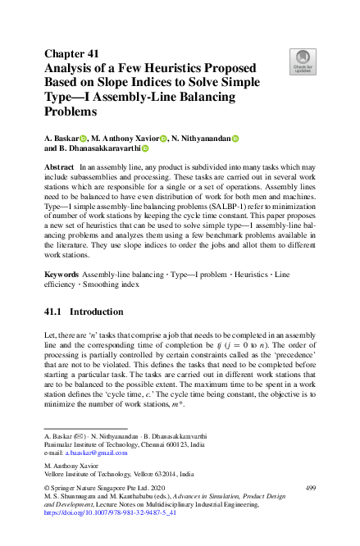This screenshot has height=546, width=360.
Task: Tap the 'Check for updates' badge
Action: click(303, 61)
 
